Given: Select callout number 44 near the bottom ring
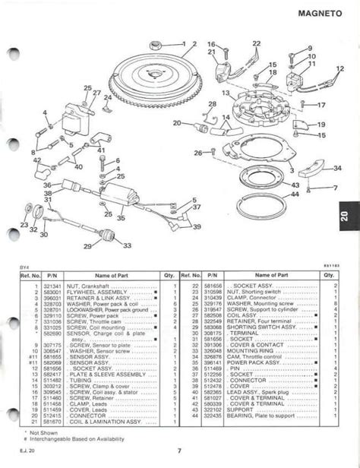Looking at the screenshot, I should [295, 194].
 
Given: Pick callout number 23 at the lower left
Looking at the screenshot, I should [24, 225].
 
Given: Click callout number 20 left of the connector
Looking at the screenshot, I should [177, 122].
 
